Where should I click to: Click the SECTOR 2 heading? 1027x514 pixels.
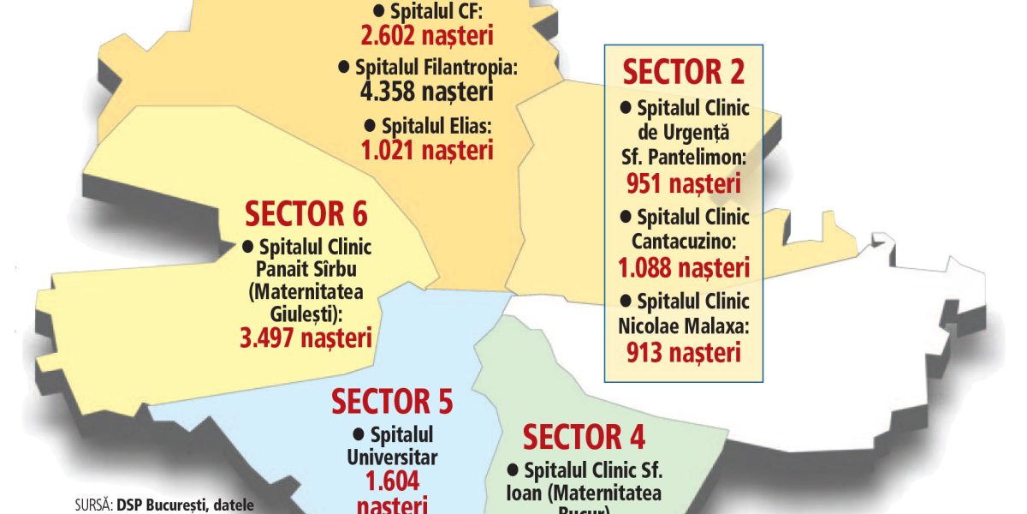coord(684,72)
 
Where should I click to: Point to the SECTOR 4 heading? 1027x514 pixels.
coord(585,437)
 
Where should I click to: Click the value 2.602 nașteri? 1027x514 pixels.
coord(425,36)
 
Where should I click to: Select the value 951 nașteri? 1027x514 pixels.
coord(683,183)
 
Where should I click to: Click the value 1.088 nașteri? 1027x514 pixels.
coord(684,267)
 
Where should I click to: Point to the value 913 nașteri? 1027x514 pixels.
coord(683,351)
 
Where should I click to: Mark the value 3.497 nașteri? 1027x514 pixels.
coord(306,337)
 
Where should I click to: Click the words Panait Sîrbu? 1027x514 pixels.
coord(306,270)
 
